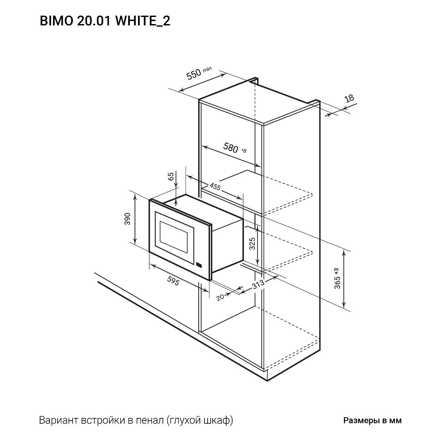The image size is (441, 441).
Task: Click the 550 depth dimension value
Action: [194, 75]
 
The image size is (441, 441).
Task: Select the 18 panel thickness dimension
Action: [349, 98]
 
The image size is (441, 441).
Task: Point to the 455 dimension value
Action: [215, 187]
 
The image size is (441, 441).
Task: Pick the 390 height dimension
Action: [128, 219]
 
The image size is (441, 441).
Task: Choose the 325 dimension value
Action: [252, 244]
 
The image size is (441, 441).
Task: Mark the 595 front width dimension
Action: [173, 280]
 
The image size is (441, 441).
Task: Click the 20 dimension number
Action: [220, 297]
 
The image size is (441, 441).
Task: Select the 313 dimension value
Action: [258, 284]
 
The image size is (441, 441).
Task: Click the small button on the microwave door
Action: [199, 265]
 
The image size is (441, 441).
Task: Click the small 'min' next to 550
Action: [207, 70]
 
